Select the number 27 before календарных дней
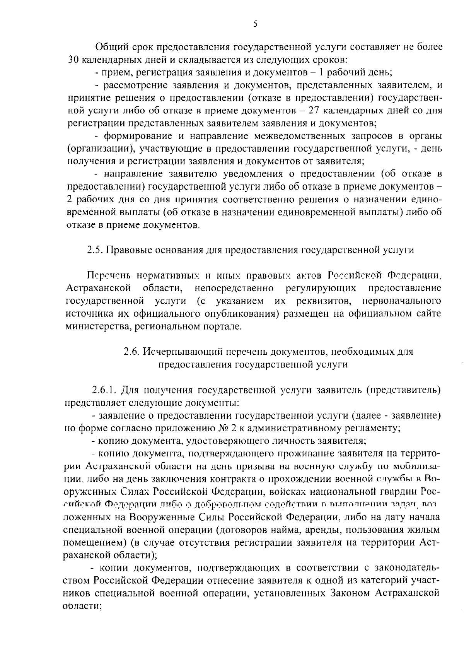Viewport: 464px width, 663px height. tap(313, 111)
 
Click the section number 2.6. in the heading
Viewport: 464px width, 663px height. tap(131, 352)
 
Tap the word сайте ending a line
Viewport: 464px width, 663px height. tap(428, 313)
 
